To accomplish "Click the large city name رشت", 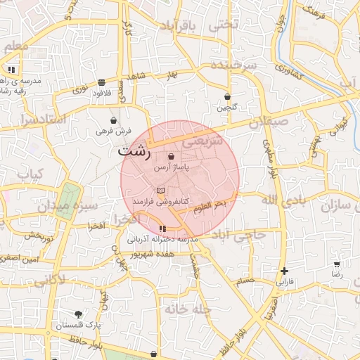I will (x=134, y=152).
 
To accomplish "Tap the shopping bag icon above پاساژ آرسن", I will (x=172, y=156).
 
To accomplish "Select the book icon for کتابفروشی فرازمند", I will (x=161, y=191).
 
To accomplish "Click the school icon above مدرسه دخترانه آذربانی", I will (x=163, y=229).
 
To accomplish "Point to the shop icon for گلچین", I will (x=227, y=96).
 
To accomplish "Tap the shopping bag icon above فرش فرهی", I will (x=114, y=120).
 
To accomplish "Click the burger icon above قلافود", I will (x=102, y=82).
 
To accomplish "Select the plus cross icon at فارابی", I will (x=284, y=271).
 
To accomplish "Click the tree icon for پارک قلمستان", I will (x=78, y=315).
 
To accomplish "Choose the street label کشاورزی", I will (x=289, y=71).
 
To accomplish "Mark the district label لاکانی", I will (x=49, y=281).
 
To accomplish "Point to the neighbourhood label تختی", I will (x=225, y=25).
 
